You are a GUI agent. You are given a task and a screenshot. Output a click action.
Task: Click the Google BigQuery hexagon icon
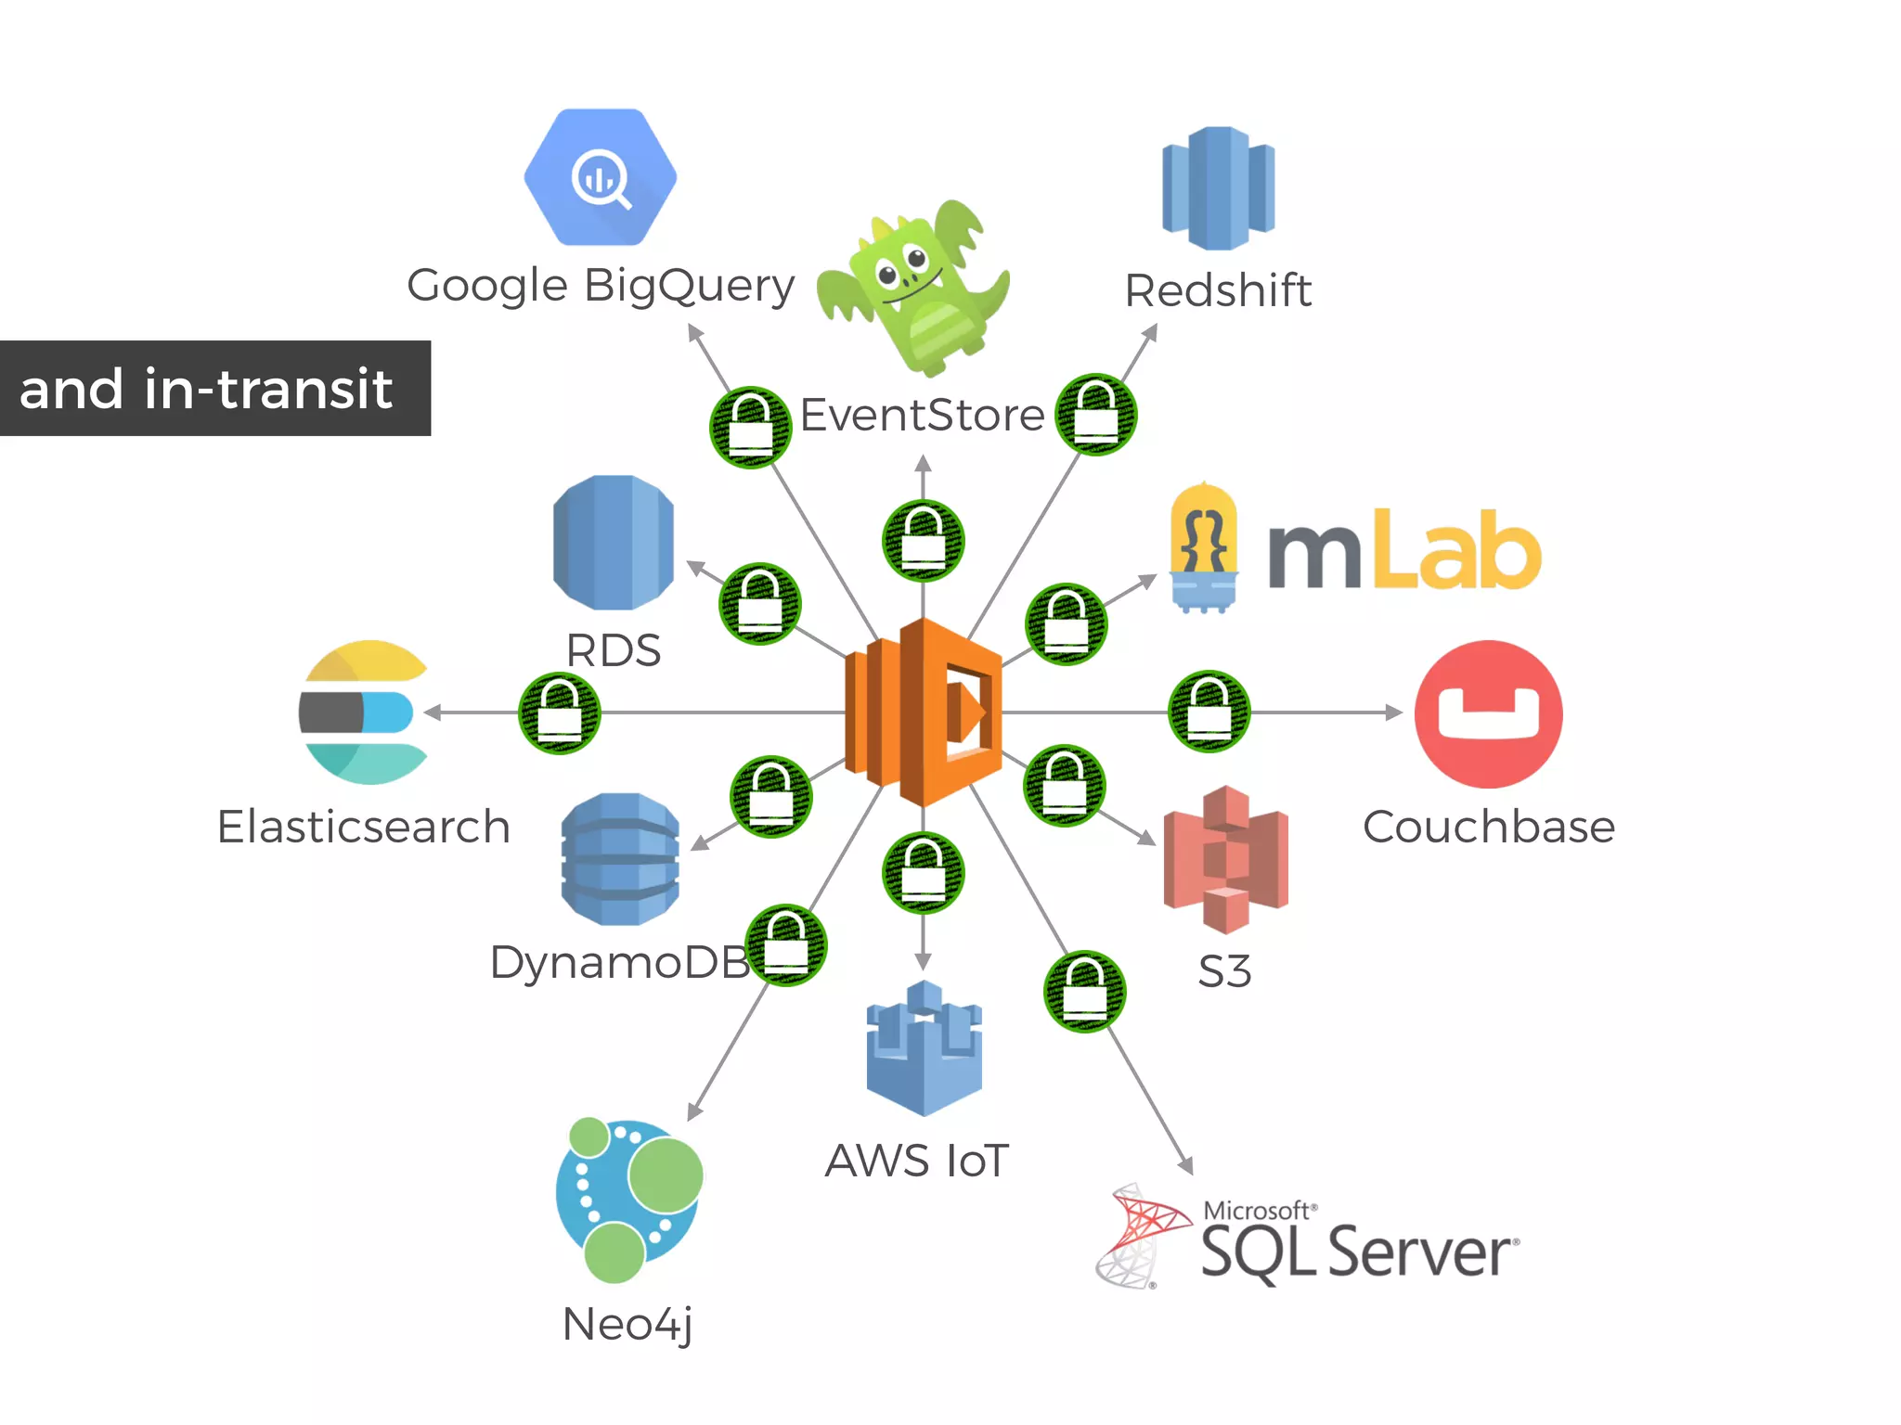tap(600, 177)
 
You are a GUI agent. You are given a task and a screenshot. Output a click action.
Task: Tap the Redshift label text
tap(1217, 290)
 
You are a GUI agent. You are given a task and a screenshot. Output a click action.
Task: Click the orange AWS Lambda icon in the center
tap(924, 712)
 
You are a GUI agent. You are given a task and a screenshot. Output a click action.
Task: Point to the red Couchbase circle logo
tap(1488, 713)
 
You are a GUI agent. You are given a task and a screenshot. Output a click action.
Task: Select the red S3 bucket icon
tap(1225, 859)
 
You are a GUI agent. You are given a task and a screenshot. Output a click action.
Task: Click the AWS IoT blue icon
tap(924, 1048)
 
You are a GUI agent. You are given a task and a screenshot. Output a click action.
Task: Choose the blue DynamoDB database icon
tap(620, 859)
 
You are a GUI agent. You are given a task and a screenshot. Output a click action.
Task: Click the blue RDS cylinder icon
tap(613, 543)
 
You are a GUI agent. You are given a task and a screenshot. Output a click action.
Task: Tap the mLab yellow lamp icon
tap(1204, 547)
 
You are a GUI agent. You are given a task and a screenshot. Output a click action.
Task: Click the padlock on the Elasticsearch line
tap(560, 712)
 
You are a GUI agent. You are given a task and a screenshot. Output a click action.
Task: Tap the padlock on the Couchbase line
tap(1209, 712)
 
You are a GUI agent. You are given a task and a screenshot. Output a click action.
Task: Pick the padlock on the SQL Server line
tap(1084, 991)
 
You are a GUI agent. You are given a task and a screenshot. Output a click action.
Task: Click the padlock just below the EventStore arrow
tap(923, 540)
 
